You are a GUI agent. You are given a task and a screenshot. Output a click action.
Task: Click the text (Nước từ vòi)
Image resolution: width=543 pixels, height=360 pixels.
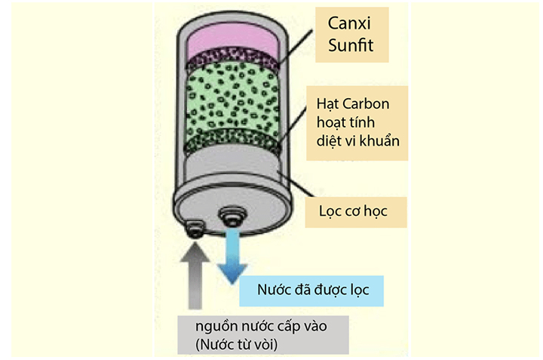click(236, 344)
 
